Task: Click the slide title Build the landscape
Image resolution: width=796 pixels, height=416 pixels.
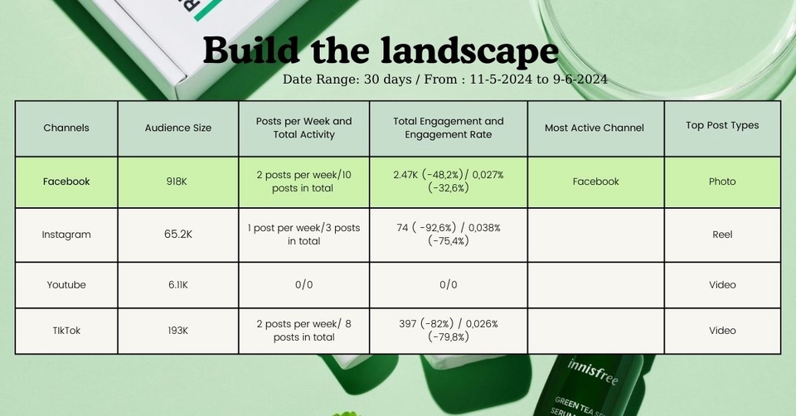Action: click(381, 51)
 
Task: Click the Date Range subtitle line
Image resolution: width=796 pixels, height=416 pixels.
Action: click(444, 80)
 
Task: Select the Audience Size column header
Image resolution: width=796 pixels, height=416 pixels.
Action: click(178, 128)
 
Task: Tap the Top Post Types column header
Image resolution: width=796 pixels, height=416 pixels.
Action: click(722, 125)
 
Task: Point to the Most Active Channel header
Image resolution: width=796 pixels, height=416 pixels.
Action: click(595, 128)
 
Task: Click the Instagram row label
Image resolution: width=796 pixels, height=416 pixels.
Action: click(66, 235)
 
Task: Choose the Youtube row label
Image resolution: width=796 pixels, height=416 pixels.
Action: click(66, 284)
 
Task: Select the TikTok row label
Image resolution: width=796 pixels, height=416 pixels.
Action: click(66, 331)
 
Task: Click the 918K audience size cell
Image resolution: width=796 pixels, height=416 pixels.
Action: click(177, 181)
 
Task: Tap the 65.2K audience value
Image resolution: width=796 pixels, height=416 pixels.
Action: click(178, 234)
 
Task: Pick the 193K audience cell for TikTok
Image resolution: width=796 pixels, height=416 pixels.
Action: click(178, 331)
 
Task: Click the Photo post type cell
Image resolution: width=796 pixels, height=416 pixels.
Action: click(722, 181)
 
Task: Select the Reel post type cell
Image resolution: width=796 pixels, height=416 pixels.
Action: click(722, 235)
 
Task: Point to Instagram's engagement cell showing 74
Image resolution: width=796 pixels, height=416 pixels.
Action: click(449, 234)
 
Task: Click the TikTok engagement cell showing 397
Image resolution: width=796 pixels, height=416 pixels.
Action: click(449, 330)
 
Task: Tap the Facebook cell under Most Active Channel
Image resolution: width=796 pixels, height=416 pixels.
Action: click(596, 181)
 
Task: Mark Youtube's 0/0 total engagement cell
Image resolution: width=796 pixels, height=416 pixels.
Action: click(449, 284)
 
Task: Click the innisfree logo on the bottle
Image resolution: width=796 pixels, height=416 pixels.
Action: click(593, 372)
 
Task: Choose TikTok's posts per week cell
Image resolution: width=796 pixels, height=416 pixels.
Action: click(303, 331)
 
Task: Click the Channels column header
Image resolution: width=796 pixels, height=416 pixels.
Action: click(66, 128)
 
